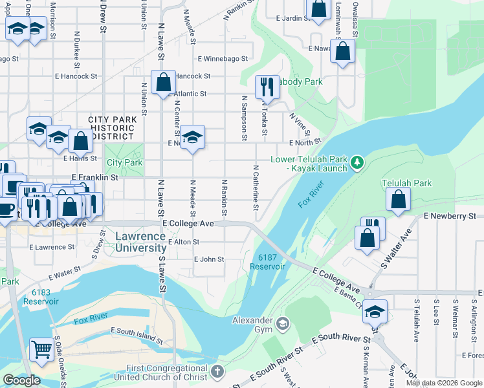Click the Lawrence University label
pyautogui.click(x=140, y=242)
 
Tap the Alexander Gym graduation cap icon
pyautogui.click(x=282, y=323)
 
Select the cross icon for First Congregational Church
pyautogui.click(x=217, y=372)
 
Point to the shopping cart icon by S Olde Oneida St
pyautogui.click(x=41, y=349)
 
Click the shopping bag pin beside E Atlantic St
pyautogui.click(x=163, y=82)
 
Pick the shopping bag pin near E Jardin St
pyautogui.click(x=318, y=9)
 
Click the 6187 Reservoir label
pyautogui.click(x=263, y=262)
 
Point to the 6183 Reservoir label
pyautogui.click(x=45, y=297)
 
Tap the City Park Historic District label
pyautogui.click(x=113, y=128)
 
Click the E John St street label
pyautogui.click(x=208, y=259)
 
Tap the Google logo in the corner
pyautogui.click(x=21, y=380)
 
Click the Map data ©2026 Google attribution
pyautogui.click(x=443, y=383)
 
